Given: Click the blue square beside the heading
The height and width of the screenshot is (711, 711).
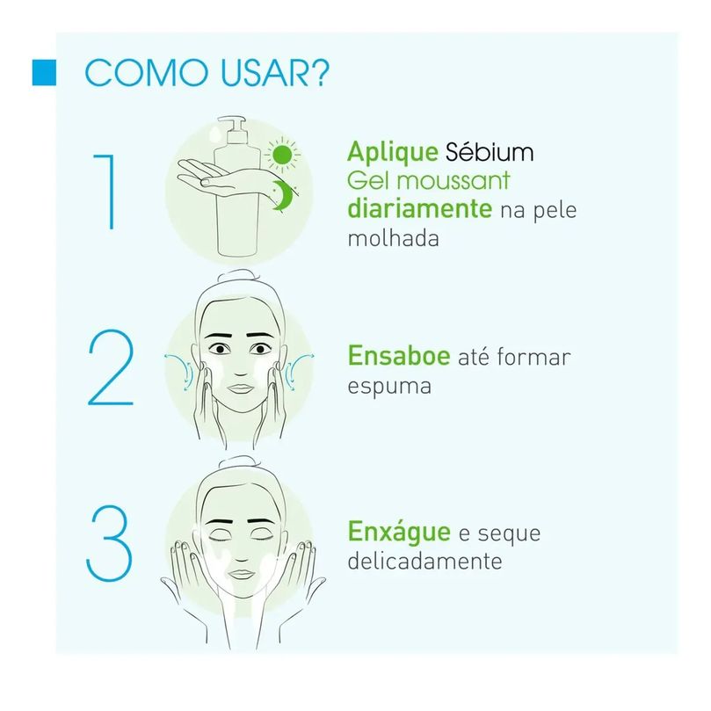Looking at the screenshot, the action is click(44, 73).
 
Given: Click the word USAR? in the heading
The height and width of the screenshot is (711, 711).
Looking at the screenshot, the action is click(275, 73).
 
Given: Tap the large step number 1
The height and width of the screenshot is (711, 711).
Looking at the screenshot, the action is click(105, 192).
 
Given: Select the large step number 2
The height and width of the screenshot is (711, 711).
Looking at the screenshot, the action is click(111, 367).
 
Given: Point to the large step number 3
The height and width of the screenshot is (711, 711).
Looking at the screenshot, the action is click(109, 543).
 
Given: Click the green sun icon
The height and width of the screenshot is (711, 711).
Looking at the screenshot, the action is click(282, 155).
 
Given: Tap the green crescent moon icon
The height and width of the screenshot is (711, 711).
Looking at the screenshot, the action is click(284, 195).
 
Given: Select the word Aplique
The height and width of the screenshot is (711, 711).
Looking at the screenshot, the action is click(393, 152).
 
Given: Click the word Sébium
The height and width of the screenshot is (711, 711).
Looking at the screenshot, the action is click(490, 151).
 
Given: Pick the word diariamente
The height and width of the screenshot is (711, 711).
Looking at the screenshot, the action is click(419, 209).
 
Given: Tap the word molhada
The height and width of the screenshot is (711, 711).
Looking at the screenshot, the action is click(393, 238).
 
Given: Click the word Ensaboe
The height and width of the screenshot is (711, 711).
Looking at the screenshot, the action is click(399, 356).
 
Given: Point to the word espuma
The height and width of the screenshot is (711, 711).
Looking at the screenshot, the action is click(389, 388).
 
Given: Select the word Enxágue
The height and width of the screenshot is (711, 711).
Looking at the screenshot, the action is click(399, 532).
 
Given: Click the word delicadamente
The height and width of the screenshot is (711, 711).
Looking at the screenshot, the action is click(424, 561).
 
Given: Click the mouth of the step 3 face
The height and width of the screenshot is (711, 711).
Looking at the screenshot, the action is click(241, 574).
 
